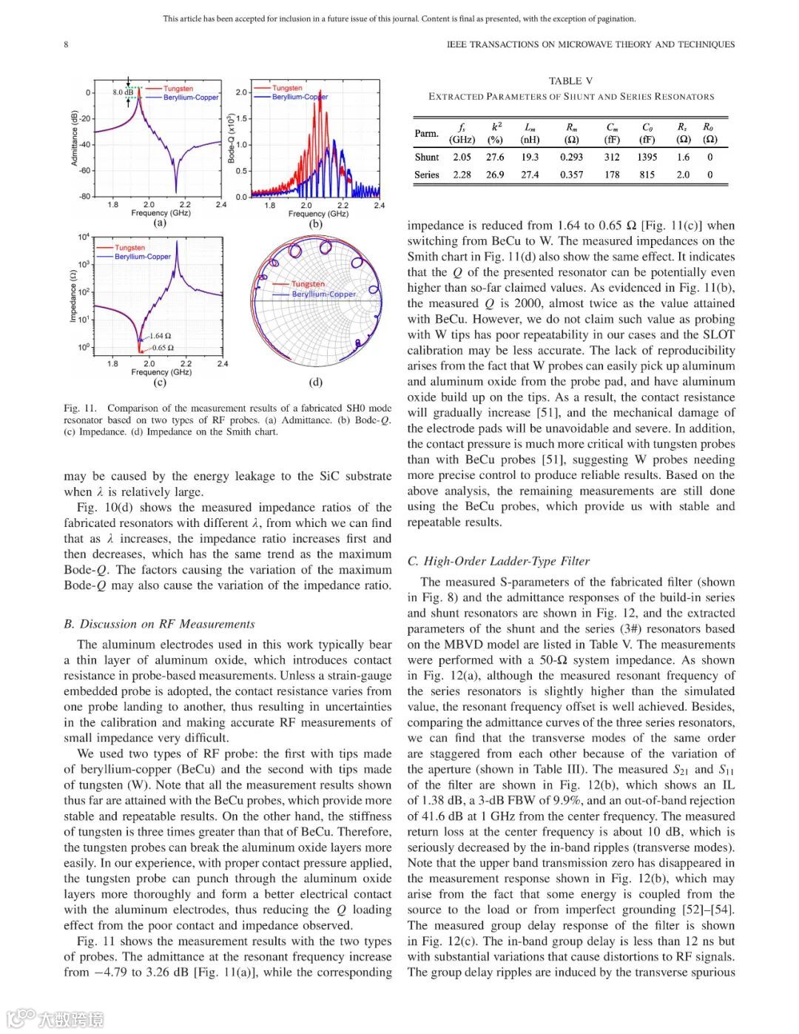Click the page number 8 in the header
tap(66, 44)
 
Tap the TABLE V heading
tap(570, 81)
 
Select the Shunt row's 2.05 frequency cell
tap(462, 157)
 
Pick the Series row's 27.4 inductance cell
tap(530, 175)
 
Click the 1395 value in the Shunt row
tap(647, 157)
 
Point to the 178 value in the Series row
tap(612, 175)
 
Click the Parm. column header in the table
tap(426, 133)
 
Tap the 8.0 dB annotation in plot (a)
tap(123, 93)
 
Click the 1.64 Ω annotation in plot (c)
tap(161, 336)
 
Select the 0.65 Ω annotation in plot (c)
tap(163, 347)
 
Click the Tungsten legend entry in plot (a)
tap(178, 89)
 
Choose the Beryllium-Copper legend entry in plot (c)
tap(143, 257)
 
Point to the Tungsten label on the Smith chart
tap(308, 284)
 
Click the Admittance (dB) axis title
tap(74, 138)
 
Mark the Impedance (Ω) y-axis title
tap(73, 295)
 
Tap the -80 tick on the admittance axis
tap(85, 197)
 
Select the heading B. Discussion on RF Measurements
tap(159, 624)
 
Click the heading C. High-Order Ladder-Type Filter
tap(498, 561)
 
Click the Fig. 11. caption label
tap(80, 408)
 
